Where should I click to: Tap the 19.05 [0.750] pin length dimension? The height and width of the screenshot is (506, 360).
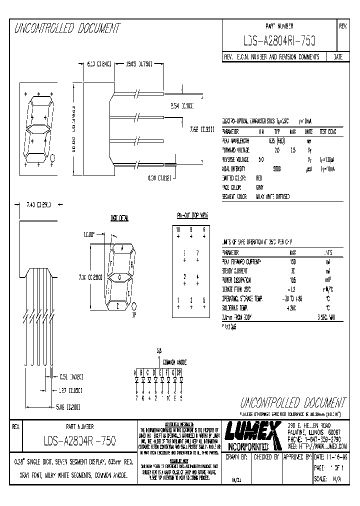[x=138, y=64]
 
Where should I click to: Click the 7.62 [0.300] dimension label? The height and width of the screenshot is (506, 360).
[x=202, y=129]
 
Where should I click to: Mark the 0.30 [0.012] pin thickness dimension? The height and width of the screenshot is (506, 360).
[x=160, y=177]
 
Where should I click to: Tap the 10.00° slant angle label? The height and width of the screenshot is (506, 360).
[x=89, y=233]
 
